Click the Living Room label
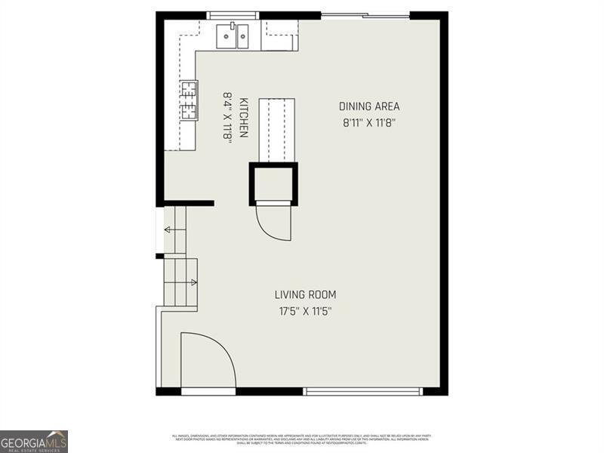tap(305, 294)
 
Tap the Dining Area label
tap(369, 106)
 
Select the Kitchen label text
tap(244, 117)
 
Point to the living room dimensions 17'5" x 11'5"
tap(305, 310)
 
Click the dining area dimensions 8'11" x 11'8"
tap(369, 122)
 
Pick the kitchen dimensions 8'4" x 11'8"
tap(226, 117)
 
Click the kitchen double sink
tap(233, 35)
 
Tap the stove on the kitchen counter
tap(188, 100)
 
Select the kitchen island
tap(276, 129)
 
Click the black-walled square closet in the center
tap(273, 183)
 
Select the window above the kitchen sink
tap(233, 14)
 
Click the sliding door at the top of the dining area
tap(365, 14)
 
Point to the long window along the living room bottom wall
tap(363, 391)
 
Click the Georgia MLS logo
tap(34, 441)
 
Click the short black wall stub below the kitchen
tap(189, 202)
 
